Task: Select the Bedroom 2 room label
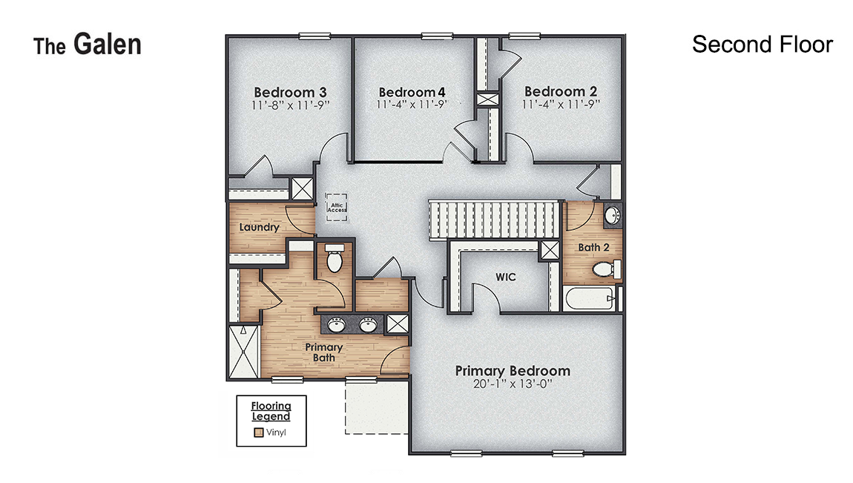[x=560, y=91]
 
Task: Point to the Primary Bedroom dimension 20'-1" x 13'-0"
[x=513, y=384]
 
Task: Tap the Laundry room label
[x=259, y=227]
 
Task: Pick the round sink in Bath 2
[x=613, y=216]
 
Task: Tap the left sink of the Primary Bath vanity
[x=337, y=323]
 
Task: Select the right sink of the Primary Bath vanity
[x=368, y=323]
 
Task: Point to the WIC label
[x=506, y=277]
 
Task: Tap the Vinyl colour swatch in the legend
[x=258, y=433]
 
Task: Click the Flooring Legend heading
[x=271, y=411]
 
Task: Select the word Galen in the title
[x=107, y=45]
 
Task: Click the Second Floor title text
[x=762, y=45]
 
